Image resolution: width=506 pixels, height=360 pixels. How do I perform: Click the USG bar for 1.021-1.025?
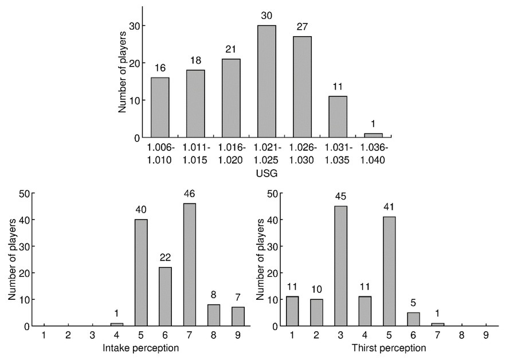266,81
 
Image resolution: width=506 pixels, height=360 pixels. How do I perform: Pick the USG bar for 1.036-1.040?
373,135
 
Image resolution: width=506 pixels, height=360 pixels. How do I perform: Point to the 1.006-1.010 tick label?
160,153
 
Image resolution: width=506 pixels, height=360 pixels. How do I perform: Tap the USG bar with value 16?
160,107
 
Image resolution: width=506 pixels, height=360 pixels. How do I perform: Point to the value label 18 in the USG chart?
195,60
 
